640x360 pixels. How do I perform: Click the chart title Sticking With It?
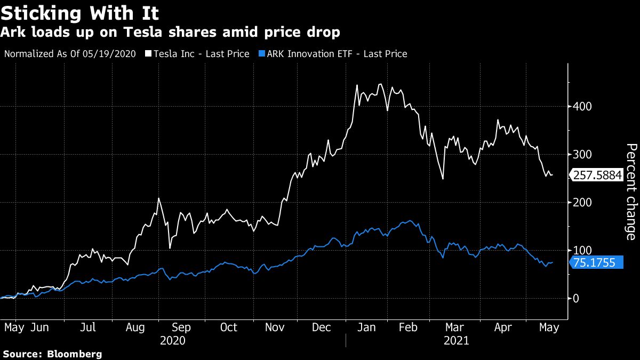tap(80, 12)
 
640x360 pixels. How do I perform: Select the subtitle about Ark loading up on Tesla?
tap(170, 33)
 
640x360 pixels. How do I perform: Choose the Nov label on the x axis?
tap(275, 327)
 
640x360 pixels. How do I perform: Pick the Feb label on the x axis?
tap(408, 327)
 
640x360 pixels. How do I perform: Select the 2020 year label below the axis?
tap(173, 341)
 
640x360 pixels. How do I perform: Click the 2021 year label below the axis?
tap(456, 341)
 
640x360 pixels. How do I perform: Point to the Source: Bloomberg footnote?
tap(52, 354)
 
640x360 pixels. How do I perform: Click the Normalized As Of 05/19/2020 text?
tap(70, 54)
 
